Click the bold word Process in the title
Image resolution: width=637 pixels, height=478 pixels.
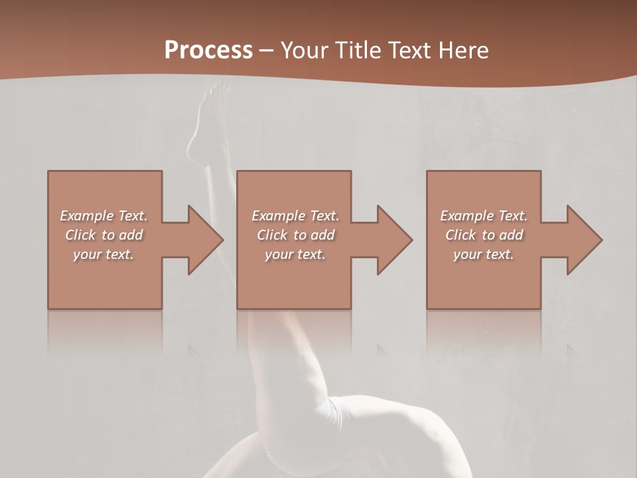tap(208, 50)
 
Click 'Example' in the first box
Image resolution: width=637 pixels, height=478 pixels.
tap(86, 216)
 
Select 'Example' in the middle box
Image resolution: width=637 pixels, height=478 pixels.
tap(278, 216)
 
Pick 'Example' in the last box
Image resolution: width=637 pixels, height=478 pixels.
tap(466, 216)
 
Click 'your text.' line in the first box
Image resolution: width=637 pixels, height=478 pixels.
tap(104, 254)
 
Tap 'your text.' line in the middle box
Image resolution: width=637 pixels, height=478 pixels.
tap(295, 254)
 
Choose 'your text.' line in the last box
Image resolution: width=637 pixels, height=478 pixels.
tap(484, 254)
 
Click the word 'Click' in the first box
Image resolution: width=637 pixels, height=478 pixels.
tap(80, 235)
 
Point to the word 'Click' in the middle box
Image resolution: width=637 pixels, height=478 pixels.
tap(271, 235)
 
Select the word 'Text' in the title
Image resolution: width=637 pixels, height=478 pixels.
tap(411, 50)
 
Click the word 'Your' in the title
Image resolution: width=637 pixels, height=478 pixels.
tap(303, 50)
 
